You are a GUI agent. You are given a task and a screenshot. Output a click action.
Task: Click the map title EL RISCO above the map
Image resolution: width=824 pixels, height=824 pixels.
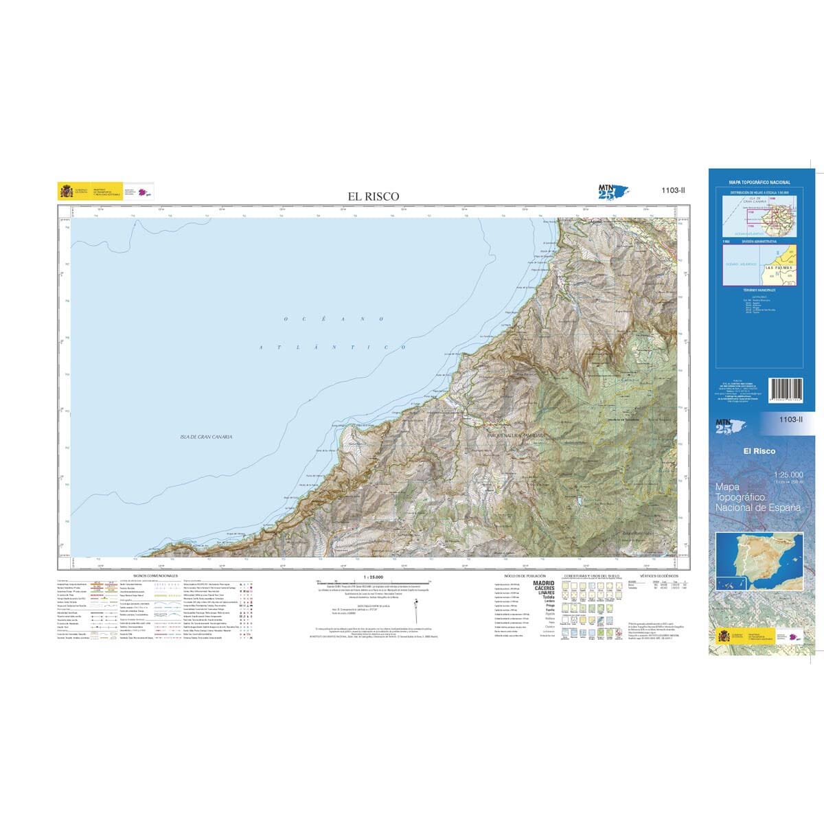click(x=373, y=196)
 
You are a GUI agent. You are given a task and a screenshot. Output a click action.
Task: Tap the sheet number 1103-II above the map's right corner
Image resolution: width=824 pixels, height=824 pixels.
click(x=672, y=192)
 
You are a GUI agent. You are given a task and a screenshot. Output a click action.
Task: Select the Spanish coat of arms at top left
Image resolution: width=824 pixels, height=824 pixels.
click(x=66, y=191)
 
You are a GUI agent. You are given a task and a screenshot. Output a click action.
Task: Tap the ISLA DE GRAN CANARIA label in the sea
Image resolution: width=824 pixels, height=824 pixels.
click(x=206, y=437)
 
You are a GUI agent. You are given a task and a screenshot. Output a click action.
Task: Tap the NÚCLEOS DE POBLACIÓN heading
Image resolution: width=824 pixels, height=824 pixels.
click(x=525, y=575)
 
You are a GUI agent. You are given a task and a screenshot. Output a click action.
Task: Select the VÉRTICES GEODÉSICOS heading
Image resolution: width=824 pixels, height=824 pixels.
click(x=658, y=575)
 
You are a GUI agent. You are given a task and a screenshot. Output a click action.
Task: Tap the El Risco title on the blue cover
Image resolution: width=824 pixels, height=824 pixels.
click(x=759, y=451)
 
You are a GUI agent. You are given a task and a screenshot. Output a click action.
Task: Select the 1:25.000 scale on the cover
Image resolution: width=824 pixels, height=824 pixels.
click(x=788, y=475)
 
